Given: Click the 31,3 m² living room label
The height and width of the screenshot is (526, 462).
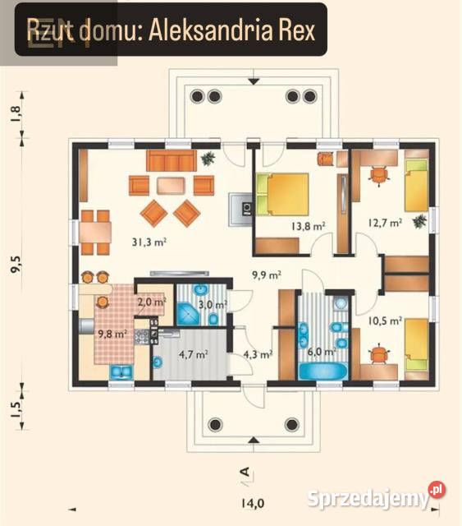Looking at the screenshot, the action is click(149, 242).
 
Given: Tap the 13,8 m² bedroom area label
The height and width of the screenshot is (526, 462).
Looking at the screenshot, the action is click(309, 226).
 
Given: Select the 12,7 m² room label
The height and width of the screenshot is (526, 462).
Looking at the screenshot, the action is click(385, 223).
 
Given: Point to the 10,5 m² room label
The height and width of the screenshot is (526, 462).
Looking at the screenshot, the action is click(385, 321).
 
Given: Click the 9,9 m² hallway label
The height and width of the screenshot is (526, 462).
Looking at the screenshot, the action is click(267, 275).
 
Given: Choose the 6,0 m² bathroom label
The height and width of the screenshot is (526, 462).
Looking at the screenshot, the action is click(322, 352).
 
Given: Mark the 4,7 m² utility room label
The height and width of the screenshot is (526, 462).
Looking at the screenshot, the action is click(194, 354).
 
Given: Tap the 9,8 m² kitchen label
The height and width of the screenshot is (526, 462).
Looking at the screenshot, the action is click(112, 334).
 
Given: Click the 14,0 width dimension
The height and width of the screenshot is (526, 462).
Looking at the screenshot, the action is click(253, 503).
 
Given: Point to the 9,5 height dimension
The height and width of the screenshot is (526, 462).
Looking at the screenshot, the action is click(16, 264).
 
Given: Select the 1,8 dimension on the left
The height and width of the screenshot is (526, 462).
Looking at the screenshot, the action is click(16, 114).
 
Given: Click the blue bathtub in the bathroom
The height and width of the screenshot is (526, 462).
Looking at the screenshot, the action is click(323, 371).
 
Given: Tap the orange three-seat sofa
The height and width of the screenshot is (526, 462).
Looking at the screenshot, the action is click(172, 160).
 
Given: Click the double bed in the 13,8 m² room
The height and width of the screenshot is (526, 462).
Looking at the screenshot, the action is click(282, 194).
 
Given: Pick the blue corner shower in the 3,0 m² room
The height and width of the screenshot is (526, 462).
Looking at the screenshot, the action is click(189, 314).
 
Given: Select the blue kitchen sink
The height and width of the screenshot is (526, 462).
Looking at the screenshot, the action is click(121, 372).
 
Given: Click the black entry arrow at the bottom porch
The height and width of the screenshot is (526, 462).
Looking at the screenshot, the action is click(254, 440).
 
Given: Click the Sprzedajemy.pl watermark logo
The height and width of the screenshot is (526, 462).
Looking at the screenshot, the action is click(376, 496).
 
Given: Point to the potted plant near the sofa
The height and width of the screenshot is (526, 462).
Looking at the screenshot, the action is click(208, 158).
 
